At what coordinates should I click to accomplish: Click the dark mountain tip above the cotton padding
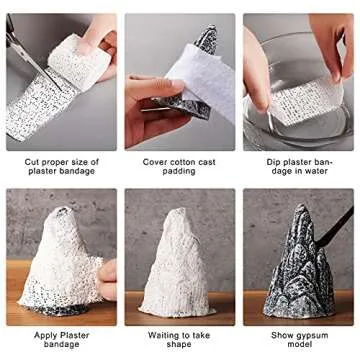tap(207, 40)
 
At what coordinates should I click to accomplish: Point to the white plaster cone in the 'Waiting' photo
tap(178, 265)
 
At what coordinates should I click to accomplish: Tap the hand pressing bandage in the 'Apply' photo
tap(105, 275)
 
